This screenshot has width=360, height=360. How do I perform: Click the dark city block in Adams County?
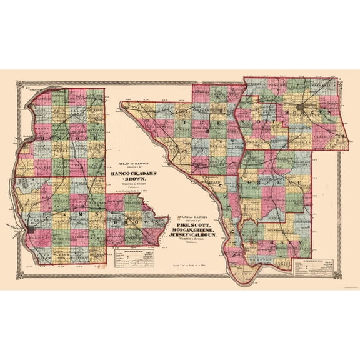[31, 231]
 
